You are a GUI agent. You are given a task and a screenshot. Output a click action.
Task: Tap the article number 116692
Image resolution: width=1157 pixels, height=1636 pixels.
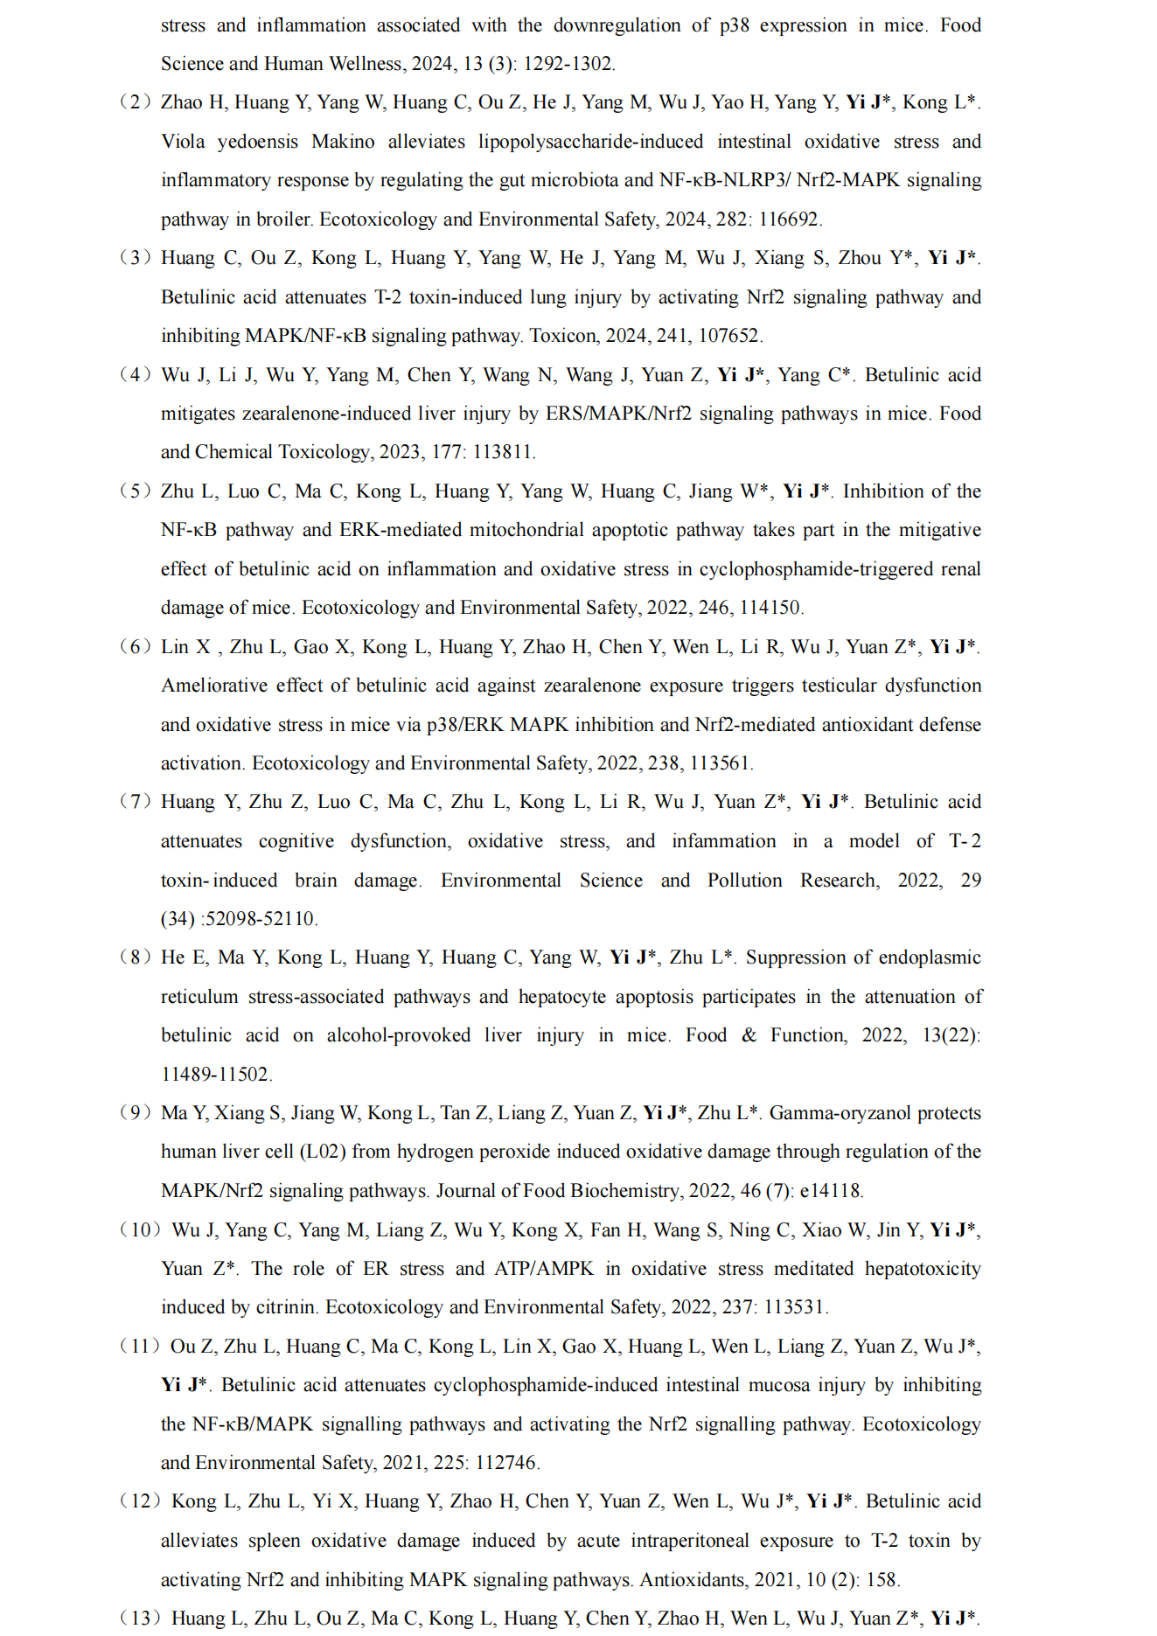point(789,219)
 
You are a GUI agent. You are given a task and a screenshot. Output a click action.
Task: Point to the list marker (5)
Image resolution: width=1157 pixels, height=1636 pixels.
point(136,491)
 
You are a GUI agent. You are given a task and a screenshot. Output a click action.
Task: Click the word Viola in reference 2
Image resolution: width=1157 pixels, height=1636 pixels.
point(183,142)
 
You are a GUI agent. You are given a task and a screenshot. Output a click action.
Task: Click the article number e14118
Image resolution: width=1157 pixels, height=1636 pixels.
point(831,1191)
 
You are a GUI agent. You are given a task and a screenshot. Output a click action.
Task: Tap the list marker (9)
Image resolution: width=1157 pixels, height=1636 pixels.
point(136,1113)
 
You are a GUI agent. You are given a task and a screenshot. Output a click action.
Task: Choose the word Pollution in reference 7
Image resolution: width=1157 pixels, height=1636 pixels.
point(744,880)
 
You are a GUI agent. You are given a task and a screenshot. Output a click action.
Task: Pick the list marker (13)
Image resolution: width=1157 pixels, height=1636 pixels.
point(140,1619)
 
